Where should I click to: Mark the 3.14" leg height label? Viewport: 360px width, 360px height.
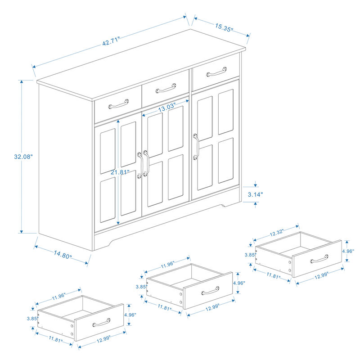pos(255,194)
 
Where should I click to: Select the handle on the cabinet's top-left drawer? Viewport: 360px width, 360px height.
pos(118,104)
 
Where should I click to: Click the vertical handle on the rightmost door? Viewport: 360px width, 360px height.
pos(196,146)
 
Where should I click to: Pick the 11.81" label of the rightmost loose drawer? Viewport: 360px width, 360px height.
pos(271,274)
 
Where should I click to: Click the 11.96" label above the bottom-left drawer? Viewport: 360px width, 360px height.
pos(58,296)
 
